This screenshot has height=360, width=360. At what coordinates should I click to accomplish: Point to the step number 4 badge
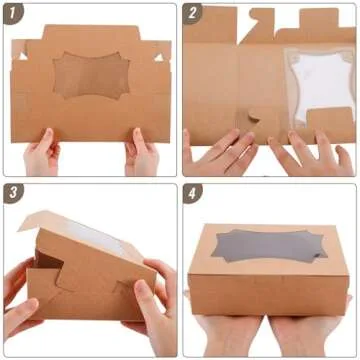coord(194,193)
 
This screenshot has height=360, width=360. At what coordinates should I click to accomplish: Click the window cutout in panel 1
coord(91,75)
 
